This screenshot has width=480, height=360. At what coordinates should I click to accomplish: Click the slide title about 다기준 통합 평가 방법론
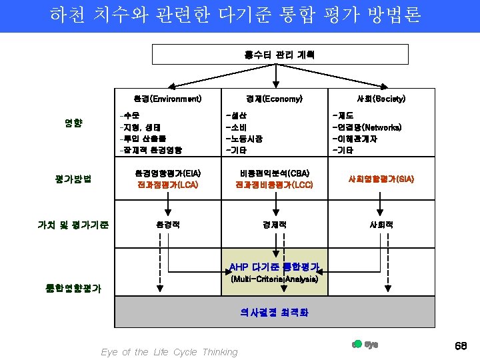click(x=235, y=15)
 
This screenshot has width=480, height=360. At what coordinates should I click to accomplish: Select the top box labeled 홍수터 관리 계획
click(x=270, y=55)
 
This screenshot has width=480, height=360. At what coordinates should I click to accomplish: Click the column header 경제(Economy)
click(x=273, y=99)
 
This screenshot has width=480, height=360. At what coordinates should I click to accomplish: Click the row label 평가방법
click(x=73, y=178)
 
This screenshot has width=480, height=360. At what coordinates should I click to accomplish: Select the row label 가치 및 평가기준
click(x=73, y=225)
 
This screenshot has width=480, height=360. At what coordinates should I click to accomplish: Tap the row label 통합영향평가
click(x=73, y=288)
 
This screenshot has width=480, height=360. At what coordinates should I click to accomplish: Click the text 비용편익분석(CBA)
click(x=274, y=173)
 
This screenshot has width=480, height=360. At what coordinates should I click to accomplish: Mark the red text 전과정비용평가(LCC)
click(x=274, y=184)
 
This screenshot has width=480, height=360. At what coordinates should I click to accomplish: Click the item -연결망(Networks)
click(x=367, y=127)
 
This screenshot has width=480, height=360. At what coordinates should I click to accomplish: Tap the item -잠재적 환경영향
click(x=150, y=150)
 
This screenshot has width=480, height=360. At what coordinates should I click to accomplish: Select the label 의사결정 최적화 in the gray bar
click(x=274, y=311)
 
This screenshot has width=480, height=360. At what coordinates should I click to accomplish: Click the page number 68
click(x=459, y=346)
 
